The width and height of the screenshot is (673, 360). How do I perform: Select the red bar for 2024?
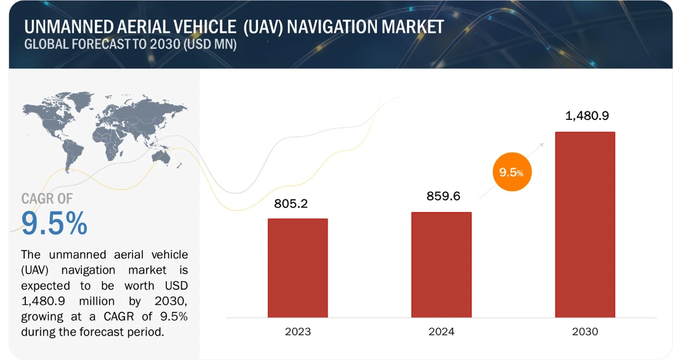pos(441,264)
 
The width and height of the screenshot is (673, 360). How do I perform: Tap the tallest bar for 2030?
pos(585,224)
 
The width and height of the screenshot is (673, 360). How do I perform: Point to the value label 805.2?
pos(291,204)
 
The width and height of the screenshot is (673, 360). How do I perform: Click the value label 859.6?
pos(443,196)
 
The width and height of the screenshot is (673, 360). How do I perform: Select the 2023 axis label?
pos(298,331)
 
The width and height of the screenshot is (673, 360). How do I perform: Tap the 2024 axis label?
pos(441,331)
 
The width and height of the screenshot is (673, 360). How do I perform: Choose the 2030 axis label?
pos(585,331)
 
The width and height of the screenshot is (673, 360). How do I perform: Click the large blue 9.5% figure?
pos(55,223)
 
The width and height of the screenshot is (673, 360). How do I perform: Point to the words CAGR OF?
pos(47,199)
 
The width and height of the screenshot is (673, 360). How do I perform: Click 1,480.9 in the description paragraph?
pos(44,301)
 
